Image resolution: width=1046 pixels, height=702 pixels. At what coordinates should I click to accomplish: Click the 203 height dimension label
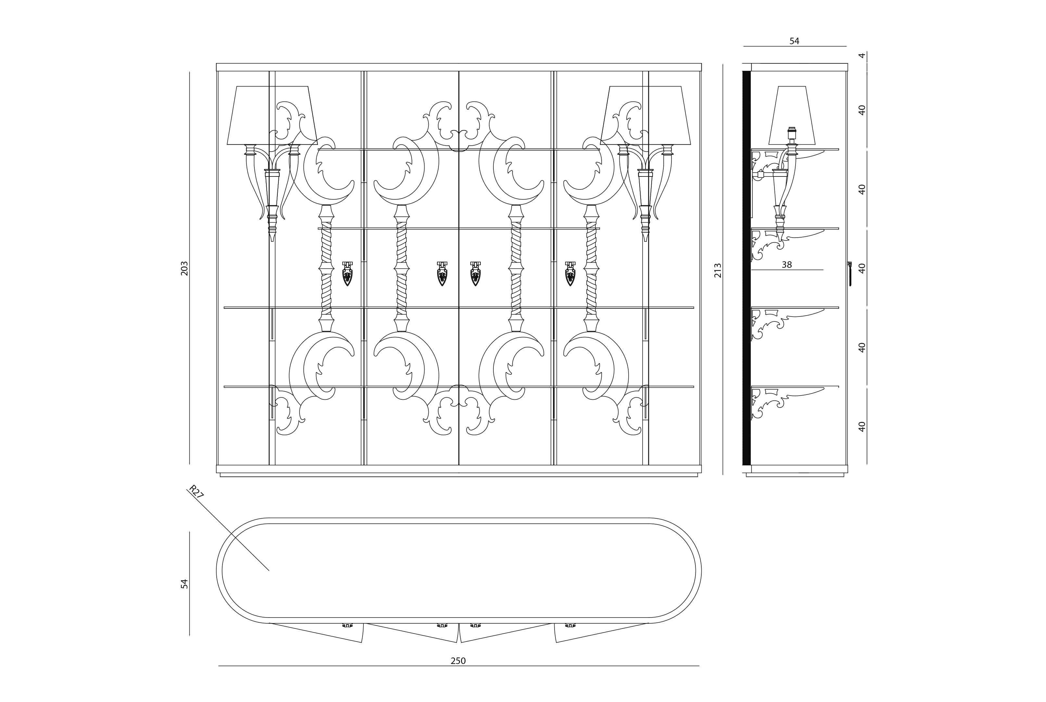(184, 268)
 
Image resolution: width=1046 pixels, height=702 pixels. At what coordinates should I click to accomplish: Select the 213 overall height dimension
(718, 270)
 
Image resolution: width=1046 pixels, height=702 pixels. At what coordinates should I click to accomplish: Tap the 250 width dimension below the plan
(458, 661)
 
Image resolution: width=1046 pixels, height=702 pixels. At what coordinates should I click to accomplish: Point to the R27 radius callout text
(196, 492)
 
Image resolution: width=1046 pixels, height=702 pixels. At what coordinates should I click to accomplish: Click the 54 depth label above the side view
(794, 41)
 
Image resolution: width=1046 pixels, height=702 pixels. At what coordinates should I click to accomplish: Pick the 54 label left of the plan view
(184, 583)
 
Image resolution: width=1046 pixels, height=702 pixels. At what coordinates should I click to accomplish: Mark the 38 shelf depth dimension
(786, 265)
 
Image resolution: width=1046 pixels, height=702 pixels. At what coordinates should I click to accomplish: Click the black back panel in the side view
(746, 269)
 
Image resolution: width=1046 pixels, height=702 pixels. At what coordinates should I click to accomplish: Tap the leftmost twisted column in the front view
(326, 269)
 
